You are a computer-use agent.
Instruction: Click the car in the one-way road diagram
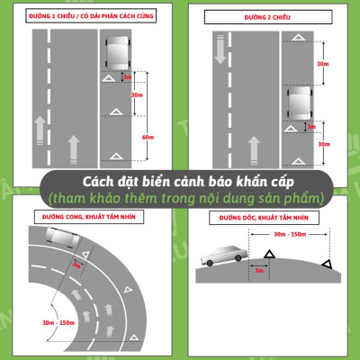(x=115, y=55)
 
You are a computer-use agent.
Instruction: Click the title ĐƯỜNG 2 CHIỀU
(x=269, y=17)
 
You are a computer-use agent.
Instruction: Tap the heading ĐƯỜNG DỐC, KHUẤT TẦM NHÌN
(x=265, y=218)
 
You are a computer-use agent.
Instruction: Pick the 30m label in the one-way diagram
(x=137, y=94)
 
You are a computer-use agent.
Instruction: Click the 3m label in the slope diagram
(x=258, y=270)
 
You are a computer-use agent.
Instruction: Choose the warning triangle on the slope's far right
(x=328, y=264)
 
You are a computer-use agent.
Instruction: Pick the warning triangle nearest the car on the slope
(x=267, y=256)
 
